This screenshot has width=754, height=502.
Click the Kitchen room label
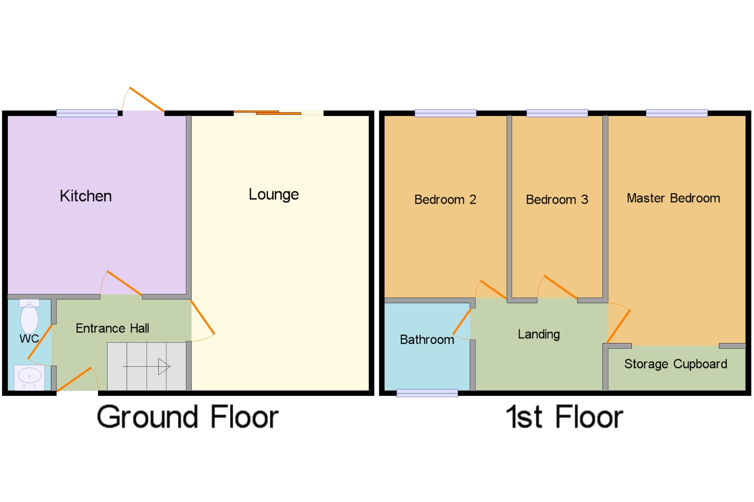[x=86, y=196]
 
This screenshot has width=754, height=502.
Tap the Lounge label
[x=274, y=195]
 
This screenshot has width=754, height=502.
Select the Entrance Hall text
[x=112, y=328]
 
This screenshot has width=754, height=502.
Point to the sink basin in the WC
[x=29, y=376]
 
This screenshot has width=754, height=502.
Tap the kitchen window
[x=87, y=113]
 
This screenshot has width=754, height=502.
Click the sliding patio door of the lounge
[x=278, y=113]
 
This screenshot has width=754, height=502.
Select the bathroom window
[x=427, y=393]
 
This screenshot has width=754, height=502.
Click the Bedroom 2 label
[x=445, y=200]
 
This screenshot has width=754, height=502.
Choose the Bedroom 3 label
[x=557, y=200]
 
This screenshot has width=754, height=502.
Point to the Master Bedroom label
[x=673, y=198]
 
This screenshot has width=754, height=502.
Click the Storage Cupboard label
[x=676, y=364]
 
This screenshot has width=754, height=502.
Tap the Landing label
[x=539, y=334]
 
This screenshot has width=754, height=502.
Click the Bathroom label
[x=427, y=340]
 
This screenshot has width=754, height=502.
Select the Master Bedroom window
[x=677, y=113]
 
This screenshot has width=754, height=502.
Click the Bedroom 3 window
[x=557, y=113]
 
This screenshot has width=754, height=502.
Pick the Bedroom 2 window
[x=445, y=113]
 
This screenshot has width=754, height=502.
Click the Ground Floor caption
[x=188, y=417]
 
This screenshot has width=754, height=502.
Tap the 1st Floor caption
[x=564, y=417]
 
